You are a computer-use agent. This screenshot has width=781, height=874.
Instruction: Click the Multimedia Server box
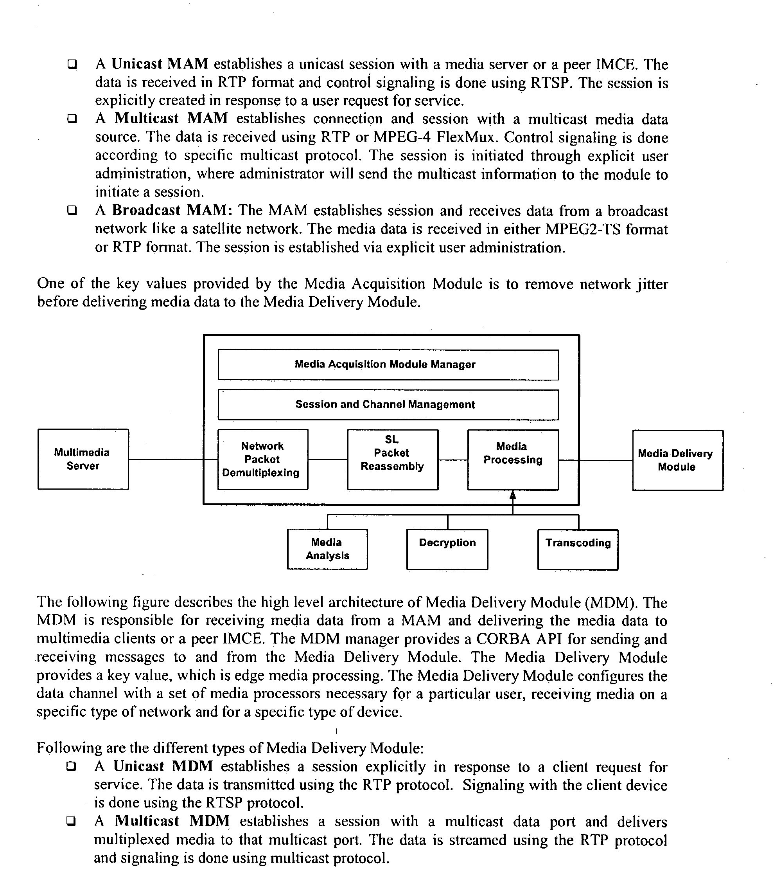click(x=83, y=459)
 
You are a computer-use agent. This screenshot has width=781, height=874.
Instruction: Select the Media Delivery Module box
click(x=677, y=460)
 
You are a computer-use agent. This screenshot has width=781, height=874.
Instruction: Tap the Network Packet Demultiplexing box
click(x=263, y=459)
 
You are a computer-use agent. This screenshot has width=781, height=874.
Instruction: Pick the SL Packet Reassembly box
click(x=392, y=459)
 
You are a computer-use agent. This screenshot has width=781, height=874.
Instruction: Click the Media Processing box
click(x=513, y=460)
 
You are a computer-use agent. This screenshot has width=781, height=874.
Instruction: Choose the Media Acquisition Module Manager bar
click(x=388, y=365)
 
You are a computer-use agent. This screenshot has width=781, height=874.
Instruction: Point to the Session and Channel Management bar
click(x=388, y=405)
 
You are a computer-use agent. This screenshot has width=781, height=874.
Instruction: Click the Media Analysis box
click(x=327, y=549)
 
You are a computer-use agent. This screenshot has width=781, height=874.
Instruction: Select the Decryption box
click(x=447, y=549)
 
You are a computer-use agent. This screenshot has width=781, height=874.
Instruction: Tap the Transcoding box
click(x=578, y=549)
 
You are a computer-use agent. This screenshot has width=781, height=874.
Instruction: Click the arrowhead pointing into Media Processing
click(x=512, y=496)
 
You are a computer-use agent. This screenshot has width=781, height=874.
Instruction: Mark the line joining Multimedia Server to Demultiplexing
click(x=172, y=460)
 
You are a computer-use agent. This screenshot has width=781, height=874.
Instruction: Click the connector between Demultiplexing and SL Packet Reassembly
click(x=327, y=460)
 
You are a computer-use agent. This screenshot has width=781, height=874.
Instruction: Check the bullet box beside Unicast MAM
click(x=72, y=65)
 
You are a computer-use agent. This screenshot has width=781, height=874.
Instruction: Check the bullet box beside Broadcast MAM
click(x=72, y=211)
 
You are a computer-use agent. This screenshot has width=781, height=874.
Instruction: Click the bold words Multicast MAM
click(x=171, y=118)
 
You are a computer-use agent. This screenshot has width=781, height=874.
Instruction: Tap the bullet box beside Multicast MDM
click(x=71, y=821)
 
